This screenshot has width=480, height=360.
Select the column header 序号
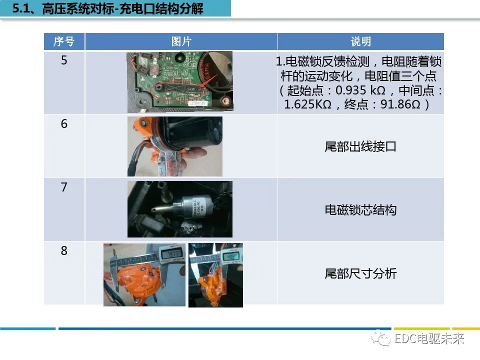[64, 41]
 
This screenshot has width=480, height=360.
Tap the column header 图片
[181, 41]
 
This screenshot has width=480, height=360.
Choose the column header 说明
[360, 41]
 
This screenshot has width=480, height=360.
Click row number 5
[64, 60]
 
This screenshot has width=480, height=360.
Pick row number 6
[64, 123]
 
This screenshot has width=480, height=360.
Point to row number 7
[64, 187]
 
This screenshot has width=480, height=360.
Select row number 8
[64, 250]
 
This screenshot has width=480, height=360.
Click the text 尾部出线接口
[360, 147]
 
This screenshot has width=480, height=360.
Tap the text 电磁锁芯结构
[360, 210]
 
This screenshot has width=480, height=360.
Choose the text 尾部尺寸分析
[360, 273]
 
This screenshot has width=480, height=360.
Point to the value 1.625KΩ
[307, 104]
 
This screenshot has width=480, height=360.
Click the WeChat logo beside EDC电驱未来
[384, 339]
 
